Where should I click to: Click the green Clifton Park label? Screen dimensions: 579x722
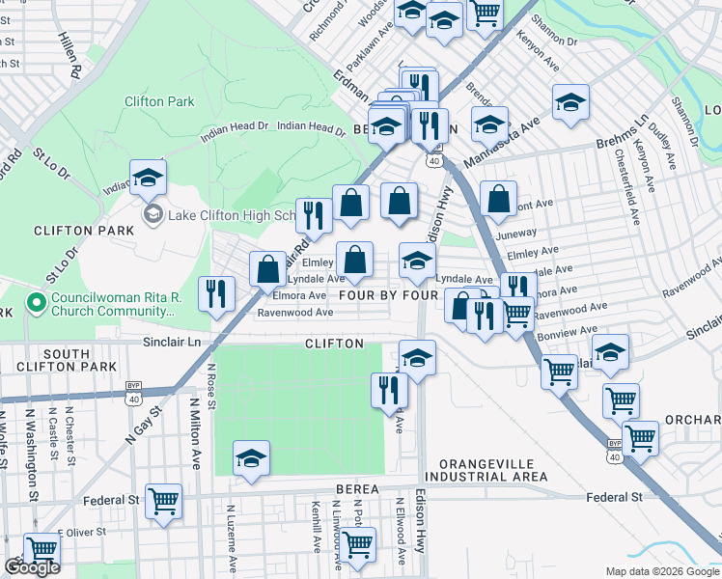coord(159,101)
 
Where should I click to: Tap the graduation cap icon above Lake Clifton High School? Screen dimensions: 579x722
coord(148,178)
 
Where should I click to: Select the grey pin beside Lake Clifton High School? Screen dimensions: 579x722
coord(152,213)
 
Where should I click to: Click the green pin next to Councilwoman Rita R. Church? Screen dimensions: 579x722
coord(37,304)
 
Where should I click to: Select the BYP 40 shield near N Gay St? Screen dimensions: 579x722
coord(133,386)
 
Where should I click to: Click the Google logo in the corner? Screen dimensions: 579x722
coord(32,568)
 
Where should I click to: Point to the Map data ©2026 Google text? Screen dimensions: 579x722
coord(661,571)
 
